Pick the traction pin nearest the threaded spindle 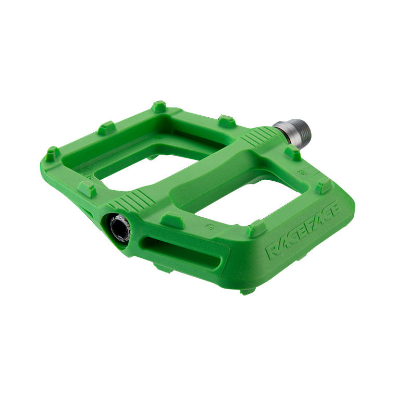coord(293,153)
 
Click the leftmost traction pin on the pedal coord(52,154)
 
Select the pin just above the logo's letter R coord(256,229)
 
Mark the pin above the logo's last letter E coord(323,185)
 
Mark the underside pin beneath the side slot coord(164,268)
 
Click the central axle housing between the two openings coord(208,172)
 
